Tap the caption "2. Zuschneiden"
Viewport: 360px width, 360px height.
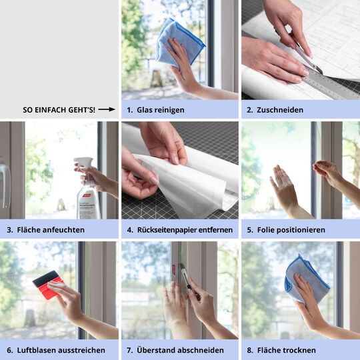275,109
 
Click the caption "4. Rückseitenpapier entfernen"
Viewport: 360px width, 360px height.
179,229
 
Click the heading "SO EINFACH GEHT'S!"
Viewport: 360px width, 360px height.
59,109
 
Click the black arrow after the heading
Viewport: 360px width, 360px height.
107,109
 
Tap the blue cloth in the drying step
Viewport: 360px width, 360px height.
305,279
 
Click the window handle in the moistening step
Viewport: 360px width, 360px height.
5,180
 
